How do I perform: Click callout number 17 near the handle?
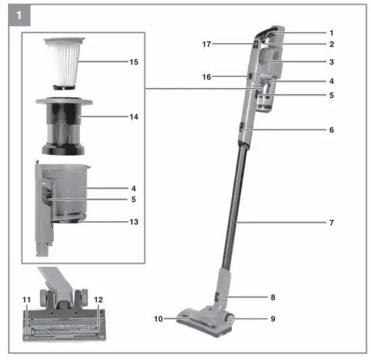207,44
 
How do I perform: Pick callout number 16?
207,77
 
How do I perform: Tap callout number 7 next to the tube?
331,222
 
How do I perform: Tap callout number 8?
331,297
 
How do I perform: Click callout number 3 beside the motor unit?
331,62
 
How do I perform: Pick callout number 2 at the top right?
331,44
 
